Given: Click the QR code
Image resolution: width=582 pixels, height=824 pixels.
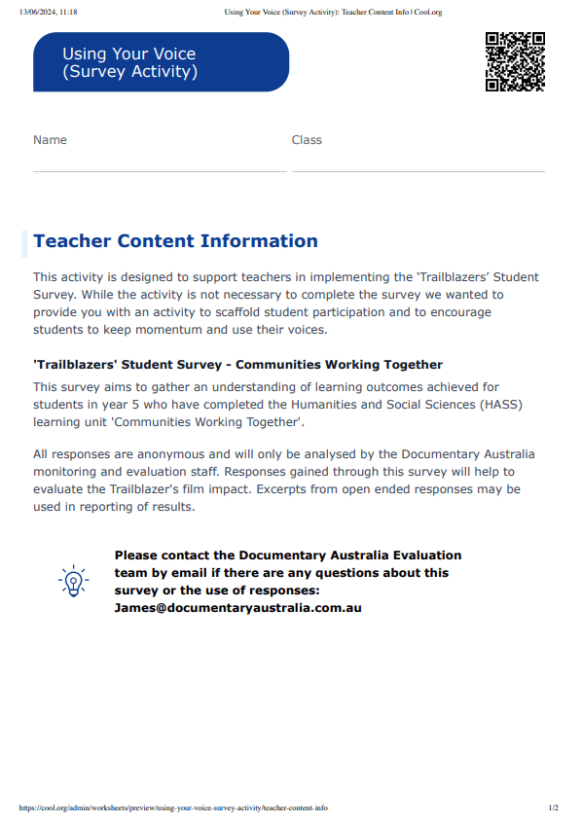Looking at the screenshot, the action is pyautogui.click(x=515, y=61).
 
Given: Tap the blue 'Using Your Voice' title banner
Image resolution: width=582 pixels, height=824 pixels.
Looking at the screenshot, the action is pyautogui.click(x=161, y=62).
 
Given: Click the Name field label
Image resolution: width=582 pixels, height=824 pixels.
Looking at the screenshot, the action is pyautogui.click(x=50, y=140).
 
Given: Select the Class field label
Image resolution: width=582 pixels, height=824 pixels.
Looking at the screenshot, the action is pyautogui.click(x=307, y=140).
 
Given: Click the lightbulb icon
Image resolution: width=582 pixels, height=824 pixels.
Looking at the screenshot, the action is pyautogui.click(x=73, y=581).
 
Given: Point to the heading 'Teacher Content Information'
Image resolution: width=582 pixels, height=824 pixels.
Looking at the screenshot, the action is pyautogui.click(x=175, y=241).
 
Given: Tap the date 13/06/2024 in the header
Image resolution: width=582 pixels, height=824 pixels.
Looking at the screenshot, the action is pyautogui.click(x=40, y=12).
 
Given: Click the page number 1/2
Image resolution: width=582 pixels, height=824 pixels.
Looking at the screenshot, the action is pyautogui.click(x=554, y=807).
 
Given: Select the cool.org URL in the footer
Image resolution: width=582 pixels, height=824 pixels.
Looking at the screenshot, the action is pyautogui.click(x=173, y=807).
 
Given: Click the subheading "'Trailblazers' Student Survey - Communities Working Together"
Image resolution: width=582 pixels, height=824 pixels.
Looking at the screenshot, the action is pyautogui.click(x=237, y=366).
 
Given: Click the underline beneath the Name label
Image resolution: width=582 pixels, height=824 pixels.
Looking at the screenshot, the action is pyautogui.click(x=160, y=171).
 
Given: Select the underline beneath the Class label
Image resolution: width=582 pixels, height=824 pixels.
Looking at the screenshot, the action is pyautogui.click(x=418, y=171).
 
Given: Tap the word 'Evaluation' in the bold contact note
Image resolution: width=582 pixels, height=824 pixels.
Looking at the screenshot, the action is pyautogui.click(x=414, y=555).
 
